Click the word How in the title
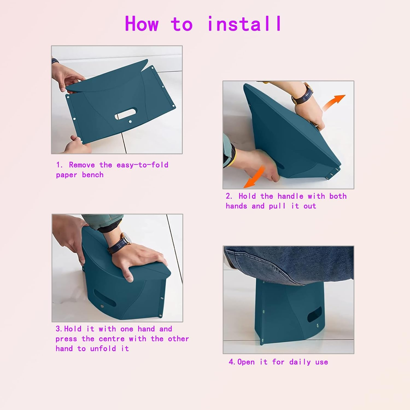pos(142,24)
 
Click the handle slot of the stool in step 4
pos(315,314)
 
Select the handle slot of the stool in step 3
pos(105,298)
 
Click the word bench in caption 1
pos(93,175)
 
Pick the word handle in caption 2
pos(290,196)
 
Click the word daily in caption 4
pos(300,362)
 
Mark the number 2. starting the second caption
pos(229,196)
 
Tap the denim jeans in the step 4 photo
pos(287,262)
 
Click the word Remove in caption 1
pos(82,165)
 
